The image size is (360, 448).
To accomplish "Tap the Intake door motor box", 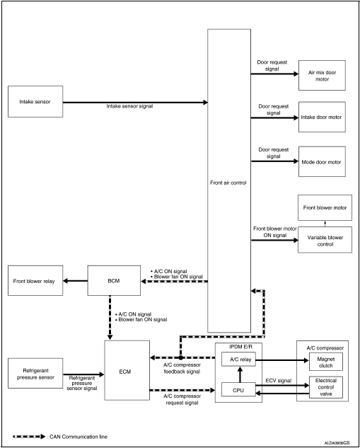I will pos(323,118).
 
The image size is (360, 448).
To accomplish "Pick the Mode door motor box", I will pos(323,162).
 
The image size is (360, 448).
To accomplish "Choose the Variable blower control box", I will pos(323,240).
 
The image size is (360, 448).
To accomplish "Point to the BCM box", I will pos(113,281).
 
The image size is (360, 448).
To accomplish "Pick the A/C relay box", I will pos(238,360).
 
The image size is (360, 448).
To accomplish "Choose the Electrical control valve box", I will pos(322,386).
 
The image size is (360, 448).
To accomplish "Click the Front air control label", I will pos(229,182).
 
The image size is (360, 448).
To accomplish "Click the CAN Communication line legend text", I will pos(79,437).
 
